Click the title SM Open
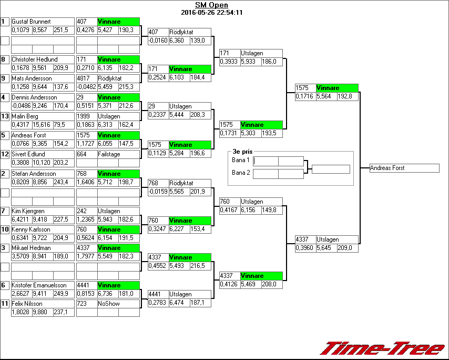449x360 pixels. point(211,5)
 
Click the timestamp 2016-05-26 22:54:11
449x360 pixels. point(211,13)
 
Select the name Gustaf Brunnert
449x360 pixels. point(31,22)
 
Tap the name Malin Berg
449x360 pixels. point(25,116)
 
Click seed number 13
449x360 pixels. point(5,116)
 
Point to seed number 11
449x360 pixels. point(5,304)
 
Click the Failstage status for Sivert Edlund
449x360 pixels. point(109,154)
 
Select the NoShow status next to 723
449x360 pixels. point(107,304)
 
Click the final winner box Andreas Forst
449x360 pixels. point(404,168)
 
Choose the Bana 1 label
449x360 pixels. point(240,159)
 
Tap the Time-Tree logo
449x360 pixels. point(382,348)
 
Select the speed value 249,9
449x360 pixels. point(61,293)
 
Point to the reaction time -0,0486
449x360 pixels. point(21,106)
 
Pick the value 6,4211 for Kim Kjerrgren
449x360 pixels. point(21,219)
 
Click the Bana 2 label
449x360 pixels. point(240,172)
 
